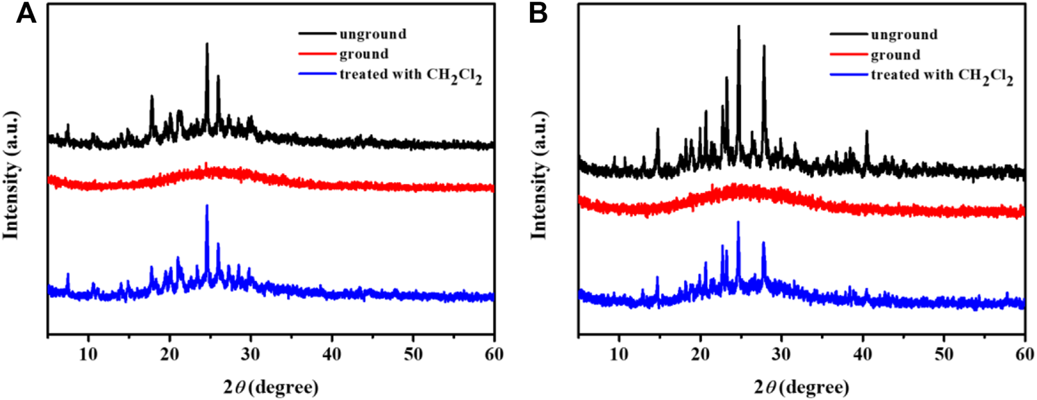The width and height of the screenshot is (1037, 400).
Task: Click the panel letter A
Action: click(26, 14)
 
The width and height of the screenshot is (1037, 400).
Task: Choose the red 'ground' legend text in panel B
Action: click(889, 55)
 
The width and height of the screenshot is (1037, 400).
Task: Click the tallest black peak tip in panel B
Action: click(738, 26)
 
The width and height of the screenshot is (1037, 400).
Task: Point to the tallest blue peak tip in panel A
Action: click(207, 206)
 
